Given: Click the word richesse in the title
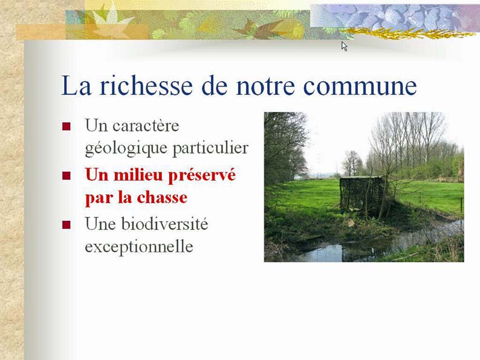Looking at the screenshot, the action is [146, 85].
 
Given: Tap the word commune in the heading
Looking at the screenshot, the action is [360, 86].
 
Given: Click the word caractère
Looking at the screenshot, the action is [146, 126].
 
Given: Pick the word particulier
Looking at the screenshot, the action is [210, 148].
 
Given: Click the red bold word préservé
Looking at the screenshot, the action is [202, 176].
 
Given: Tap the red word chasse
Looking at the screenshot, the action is [162, 198].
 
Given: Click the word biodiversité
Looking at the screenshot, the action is [164, 224].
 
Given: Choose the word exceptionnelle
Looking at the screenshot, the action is [139, 247].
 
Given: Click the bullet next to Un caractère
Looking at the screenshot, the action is [66, 126].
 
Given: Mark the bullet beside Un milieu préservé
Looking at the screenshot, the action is [66, 175].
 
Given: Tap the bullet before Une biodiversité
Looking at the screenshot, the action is [66, 225].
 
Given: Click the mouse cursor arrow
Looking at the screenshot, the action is [344, 46].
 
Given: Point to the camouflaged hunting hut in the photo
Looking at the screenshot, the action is [362, 195].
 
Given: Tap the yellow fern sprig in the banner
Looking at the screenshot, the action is [407, 33].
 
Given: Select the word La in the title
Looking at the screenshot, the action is [76, 85].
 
